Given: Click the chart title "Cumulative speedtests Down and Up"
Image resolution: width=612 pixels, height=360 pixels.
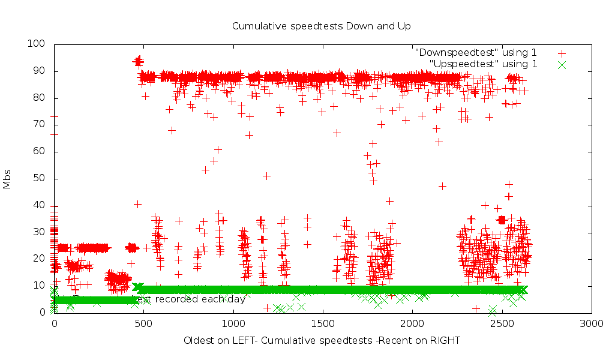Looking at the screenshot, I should [x=321, y=26].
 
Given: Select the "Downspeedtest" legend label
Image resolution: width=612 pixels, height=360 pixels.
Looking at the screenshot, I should [x=475, y=53].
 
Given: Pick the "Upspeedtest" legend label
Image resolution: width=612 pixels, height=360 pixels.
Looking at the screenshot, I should [x=483, y=64].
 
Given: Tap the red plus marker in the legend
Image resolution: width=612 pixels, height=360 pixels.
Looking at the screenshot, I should [x=562, y=53].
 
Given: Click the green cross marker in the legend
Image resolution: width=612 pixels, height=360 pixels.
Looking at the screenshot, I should [x=562, y=64].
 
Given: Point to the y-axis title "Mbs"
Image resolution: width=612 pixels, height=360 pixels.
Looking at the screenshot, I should [x=7, y=178].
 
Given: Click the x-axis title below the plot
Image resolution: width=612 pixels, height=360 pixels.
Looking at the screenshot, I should [x=322, y=341].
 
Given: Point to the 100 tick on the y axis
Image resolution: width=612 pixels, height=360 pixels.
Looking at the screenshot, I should [x=37, y=44].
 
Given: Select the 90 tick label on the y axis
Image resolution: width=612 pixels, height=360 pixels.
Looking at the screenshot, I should [x=40, y=71].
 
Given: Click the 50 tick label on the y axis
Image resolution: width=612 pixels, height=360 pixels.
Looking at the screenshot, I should [x=40, y=179].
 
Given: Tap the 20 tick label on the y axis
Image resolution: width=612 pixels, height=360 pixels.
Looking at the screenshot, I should [x=40, y=259].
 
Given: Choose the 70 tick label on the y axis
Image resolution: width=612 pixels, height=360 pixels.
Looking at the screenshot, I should [x=40, y=125].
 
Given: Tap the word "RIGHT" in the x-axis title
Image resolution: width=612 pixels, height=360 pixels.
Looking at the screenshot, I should [x=445, y=341].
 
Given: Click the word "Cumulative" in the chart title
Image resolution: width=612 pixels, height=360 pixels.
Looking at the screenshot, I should [x=256, y=26].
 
